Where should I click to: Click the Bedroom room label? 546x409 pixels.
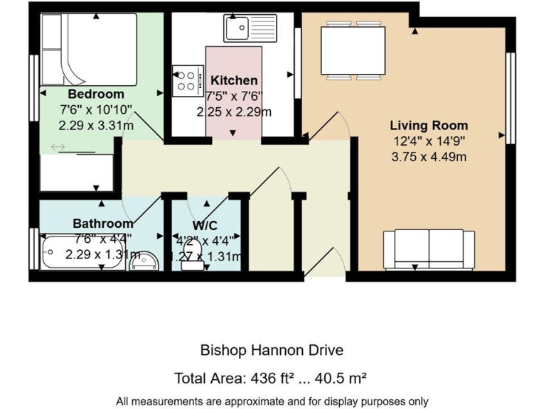[96, 94]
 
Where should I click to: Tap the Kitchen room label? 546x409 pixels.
[234, 80]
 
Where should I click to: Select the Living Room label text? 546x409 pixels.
[429, 126]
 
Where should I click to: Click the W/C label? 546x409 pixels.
[205, 226]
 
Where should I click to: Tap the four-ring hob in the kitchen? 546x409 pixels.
[186, 79]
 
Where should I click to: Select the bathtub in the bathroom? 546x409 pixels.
[82, 253]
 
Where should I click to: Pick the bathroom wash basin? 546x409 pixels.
[145, 260]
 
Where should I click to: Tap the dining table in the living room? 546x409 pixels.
[353, 50]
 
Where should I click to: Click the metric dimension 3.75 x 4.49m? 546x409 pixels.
[429, 157]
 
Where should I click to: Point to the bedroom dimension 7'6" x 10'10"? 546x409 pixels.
[96, 109]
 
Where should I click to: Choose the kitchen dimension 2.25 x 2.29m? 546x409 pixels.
[234, 111]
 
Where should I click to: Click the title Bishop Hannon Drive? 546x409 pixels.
[272, 350]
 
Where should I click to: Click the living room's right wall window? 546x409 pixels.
[510, 97]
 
